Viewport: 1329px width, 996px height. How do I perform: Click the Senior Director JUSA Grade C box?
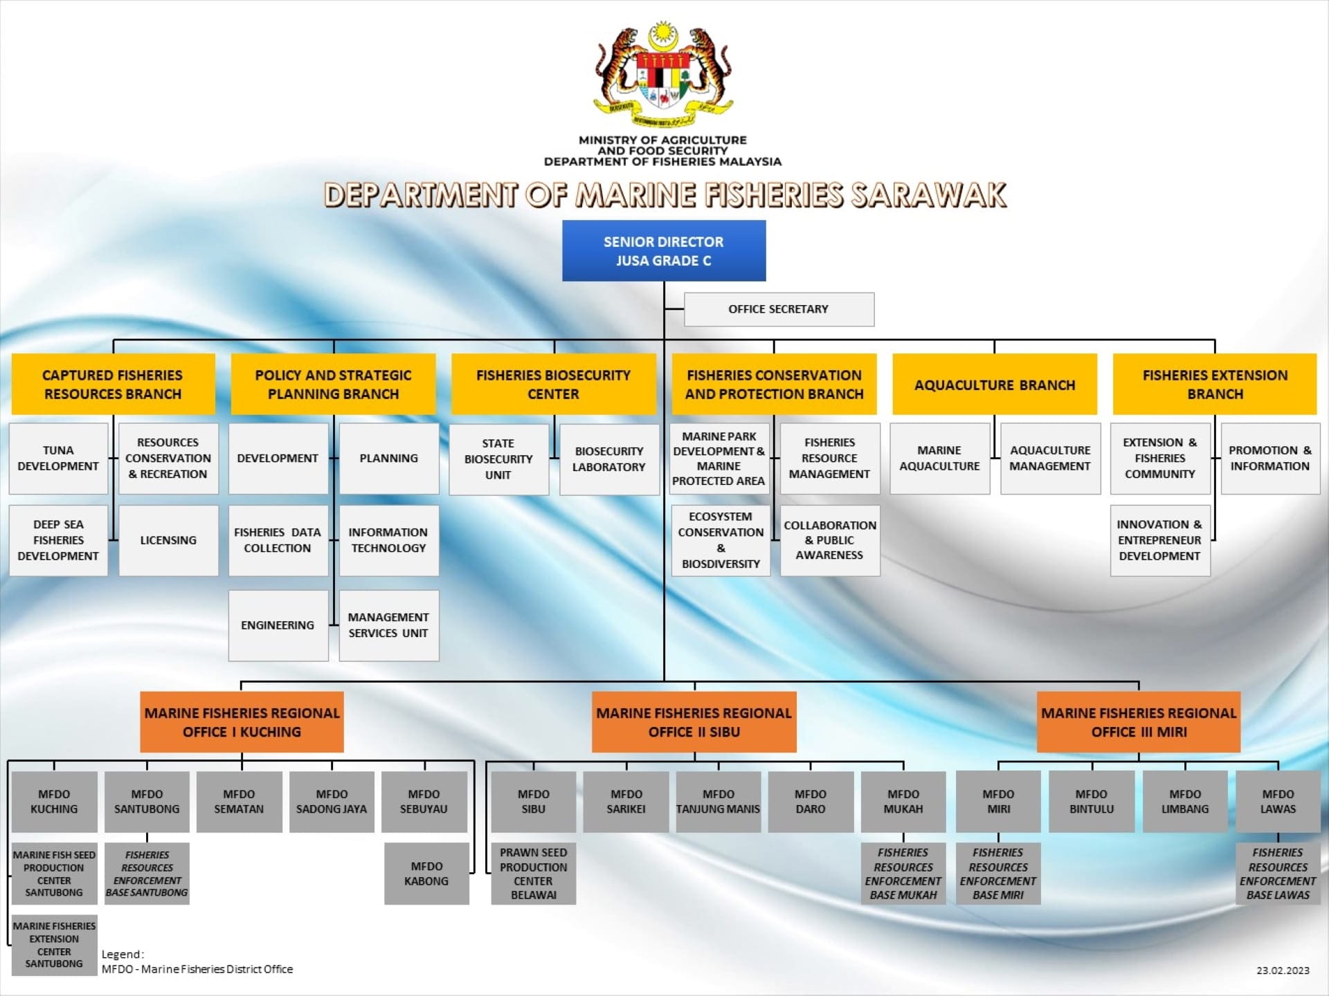click(x=664, y=250)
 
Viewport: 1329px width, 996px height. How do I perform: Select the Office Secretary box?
click(x=779, y=309)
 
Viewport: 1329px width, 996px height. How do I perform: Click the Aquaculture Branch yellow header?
click(x=994, y=385)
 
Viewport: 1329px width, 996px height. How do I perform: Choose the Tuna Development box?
click(x=58, y=458)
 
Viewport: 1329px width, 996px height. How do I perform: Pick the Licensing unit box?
click(x=168, y=540)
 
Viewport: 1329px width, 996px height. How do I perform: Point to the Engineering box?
click(x=278, y=625)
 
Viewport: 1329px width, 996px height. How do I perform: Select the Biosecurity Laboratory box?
click(x=608, y=459)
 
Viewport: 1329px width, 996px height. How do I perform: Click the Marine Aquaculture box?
click(x=939, y=458)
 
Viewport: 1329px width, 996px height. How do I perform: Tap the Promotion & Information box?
click(x=1269, y=458)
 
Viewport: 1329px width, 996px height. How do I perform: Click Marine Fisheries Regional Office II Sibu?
click(x=694, y=722)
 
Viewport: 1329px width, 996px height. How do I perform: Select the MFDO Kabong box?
click(x=426, y=874)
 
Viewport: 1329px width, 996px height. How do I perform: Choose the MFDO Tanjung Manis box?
click(x=718, y=802)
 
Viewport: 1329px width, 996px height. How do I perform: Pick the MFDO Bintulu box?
click(x=1092, y=802)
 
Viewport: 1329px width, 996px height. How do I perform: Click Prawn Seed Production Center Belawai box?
click(x=533, y=874)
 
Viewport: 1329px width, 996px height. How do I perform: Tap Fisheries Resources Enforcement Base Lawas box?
click(x=1278, y=874)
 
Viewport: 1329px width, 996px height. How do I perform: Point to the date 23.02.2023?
click(x=1283, y=970)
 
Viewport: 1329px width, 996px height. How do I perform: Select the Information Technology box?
click(x=388, y=540)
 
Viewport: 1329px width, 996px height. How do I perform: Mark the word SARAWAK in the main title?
click(x=928, y=195)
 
